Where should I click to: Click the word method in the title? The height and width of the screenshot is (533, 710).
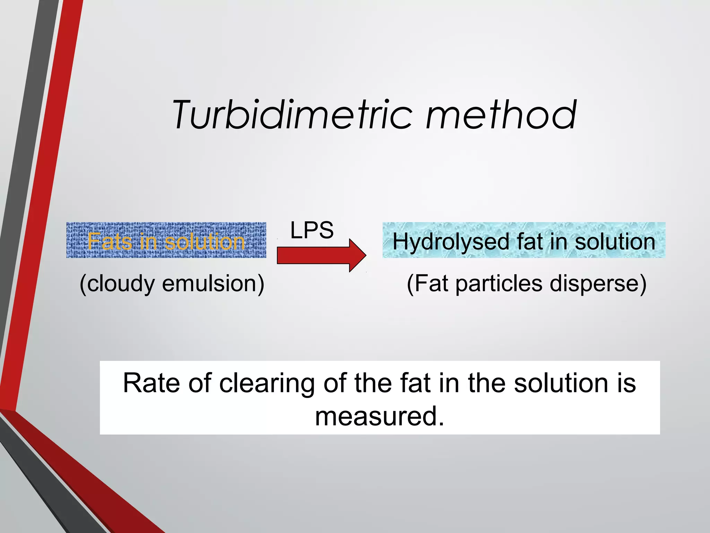click(x=501, y=115)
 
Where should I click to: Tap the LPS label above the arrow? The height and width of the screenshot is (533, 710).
click(x=312, y=230)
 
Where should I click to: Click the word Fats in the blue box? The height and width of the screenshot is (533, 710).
click(x=110, y=241)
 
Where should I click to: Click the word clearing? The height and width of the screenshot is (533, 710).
click(x=267, y=384)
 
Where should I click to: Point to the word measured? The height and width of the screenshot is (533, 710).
click(x=379, y=416)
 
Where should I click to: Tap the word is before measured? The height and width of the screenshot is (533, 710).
click(x=626, y=383)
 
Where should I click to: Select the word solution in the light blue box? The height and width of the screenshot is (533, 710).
click(x=615, y=242)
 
